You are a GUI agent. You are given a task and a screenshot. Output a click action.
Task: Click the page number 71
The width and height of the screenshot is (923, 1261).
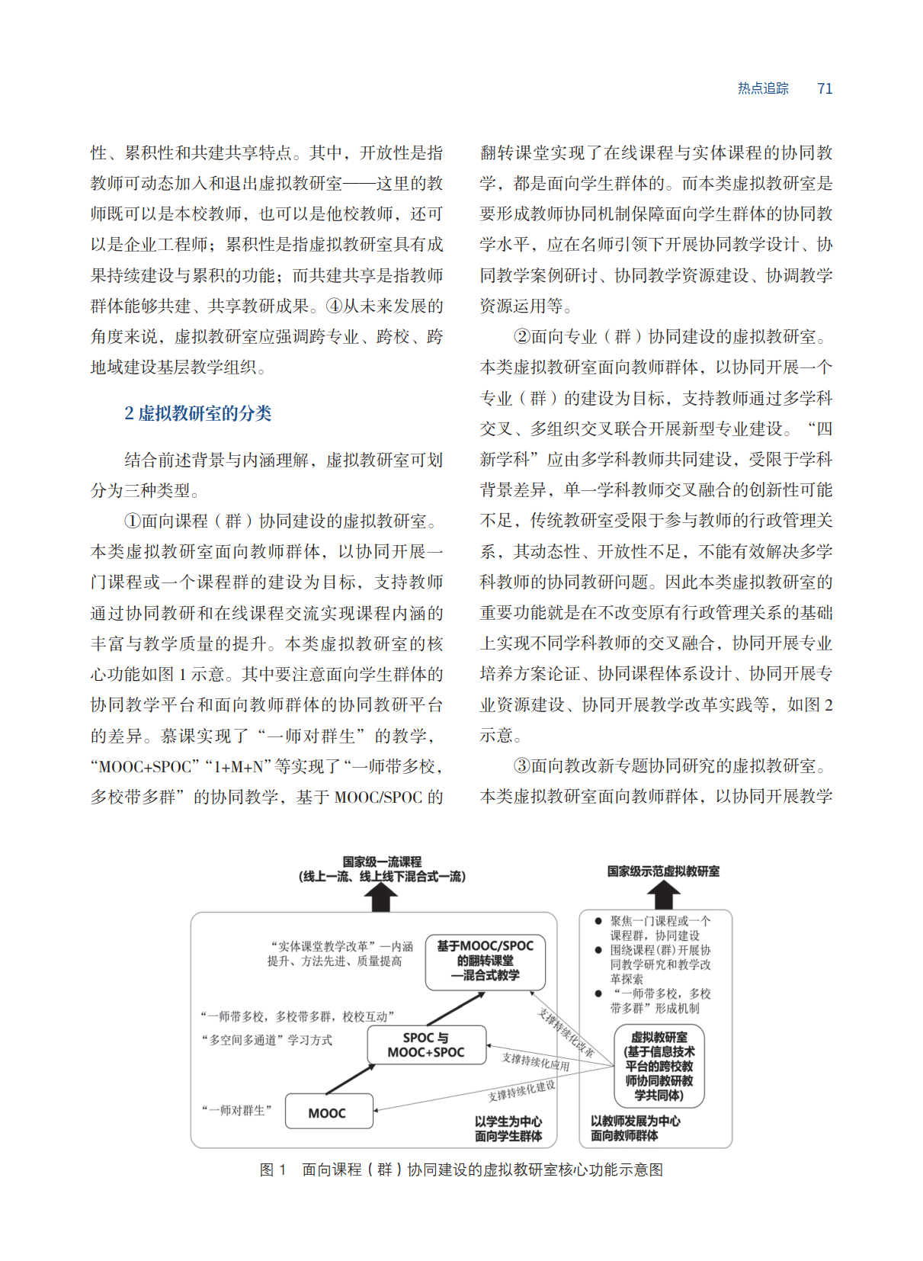(x=824, y=88)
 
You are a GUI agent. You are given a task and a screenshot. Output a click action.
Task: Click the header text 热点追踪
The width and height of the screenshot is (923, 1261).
(x=762, y=88)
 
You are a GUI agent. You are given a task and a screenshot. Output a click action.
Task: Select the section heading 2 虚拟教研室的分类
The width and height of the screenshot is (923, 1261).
(x=198, y=413)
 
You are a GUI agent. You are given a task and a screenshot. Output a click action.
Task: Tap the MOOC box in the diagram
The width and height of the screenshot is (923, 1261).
(x=328, y=1112)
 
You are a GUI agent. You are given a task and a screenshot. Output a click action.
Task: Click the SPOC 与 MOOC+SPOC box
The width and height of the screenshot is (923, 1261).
(x=426, y=1045)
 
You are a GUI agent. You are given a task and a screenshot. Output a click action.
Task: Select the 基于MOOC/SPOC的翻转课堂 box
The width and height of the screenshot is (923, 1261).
(x=486, y=961)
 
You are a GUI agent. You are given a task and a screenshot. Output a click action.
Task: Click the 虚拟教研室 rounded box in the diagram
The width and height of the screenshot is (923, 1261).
(x=659, y=1066)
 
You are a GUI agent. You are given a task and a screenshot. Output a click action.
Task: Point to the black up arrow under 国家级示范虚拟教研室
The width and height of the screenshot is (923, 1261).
(x=664, y=894)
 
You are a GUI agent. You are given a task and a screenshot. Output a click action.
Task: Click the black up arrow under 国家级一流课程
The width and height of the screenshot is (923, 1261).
(x=381, y=898)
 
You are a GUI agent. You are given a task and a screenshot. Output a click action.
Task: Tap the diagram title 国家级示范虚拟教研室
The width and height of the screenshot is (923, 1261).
(x=663, y=871)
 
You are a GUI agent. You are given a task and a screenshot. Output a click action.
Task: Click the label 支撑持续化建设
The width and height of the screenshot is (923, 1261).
(x=521, y=1091)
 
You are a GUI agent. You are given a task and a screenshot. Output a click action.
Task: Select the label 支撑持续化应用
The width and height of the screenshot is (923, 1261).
(x=535, y=1061)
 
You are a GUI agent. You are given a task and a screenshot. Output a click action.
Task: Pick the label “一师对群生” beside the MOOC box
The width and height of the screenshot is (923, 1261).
(x=236, y=1111)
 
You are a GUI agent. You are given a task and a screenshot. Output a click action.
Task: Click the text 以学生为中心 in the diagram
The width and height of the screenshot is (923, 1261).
(x=508, y=1121)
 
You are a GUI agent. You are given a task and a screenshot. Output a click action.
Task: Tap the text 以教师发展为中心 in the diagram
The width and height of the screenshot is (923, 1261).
(x=635, y=1121)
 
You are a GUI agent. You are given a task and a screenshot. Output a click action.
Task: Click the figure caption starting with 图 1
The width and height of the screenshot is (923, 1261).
(x=461, y=1170)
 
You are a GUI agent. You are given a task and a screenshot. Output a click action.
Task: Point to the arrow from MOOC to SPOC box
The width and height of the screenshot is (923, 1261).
(x=350, y=1079)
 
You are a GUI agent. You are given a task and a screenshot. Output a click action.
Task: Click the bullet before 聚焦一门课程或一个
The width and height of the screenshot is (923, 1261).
(x=598, y=921)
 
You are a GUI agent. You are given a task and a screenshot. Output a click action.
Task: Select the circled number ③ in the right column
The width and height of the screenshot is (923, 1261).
(x=521, y=765)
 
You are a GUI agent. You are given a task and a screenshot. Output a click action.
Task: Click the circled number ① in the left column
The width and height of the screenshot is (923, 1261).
(x=133, y=521)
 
